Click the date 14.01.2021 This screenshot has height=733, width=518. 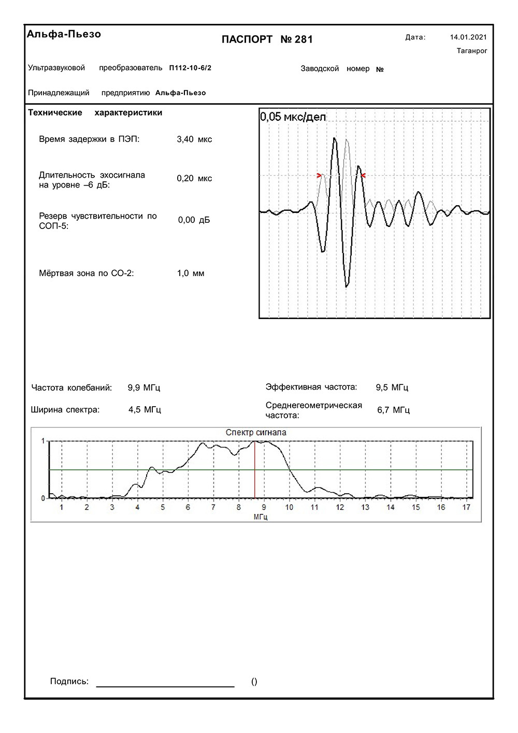pos(468,37)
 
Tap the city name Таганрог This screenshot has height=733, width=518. pos(472,51)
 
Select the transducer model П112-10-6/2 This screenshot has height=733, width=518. pos(190,68)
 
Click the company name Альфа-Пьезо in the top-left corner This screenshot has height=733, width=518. pos(64,34)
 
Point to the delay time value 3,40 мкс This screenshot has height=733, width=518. pos(194,139)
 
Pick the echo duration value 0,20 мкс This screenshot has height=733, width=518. pos(194,178)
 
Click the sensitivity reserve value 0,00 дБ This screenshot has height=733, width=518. pos(194,220)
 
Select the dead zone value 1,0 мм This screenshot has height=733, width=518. pos(191,274)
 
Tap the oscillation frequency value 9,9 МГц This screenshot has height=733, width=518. pos(144,387)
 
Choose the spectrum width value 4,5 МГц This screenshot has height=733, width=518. pos(145,410)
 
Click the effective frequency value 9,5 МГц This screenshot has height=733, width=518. pos(392,387)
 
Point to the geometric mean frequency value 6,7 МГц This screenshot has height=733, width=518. pos(393,410)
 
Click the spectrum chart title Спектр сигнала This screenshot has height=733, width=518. pos(256,433)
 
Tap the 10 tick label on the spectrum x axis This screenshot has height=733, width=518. pos(289,507)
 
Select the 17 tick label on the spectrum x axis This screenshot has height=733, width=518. pos(466,507)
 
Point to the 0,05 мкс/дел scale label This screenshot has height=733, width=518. pos(293,117)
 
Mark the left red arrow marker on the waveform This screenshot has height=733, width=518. pos(319,176)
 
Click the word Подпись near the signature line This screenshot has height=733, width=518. pos(69,682)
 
